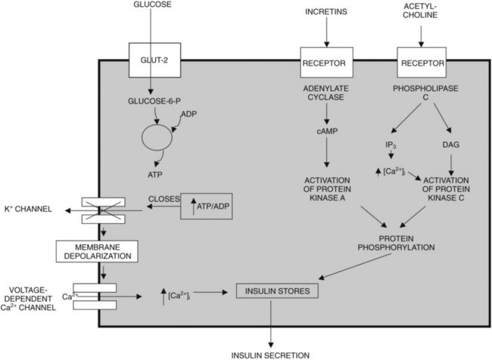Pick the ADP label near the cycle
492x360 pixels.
[188, 114]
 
